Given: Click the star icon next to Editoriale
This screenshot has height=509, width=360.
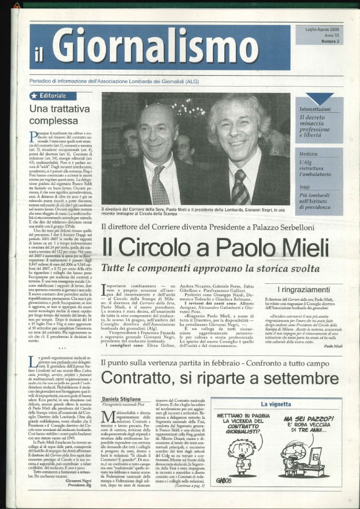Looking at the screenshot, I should [x=34, y=95].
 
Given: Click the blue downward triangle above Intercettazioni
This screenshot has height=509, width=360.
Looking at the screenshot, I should [x=320, y=98].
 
